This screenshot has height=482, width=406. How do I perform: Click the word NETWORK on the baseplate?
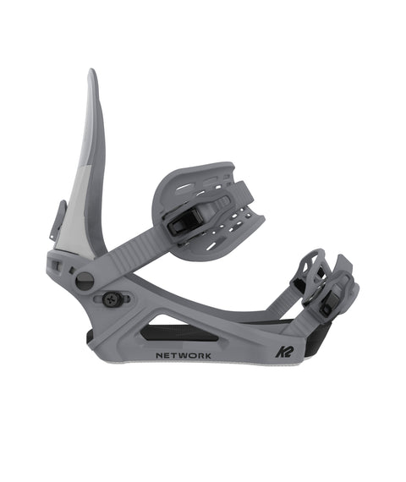[184, 356]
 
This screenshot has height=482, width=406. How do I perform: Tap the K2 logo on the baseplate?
[285, 352]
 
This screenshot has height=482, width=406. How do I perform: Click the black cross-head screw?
[111, 299]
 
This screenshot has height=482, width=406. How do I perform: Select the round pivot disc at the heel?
[85, 282]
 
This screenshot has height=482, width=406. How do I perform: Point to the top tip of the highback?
[91, 69]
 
